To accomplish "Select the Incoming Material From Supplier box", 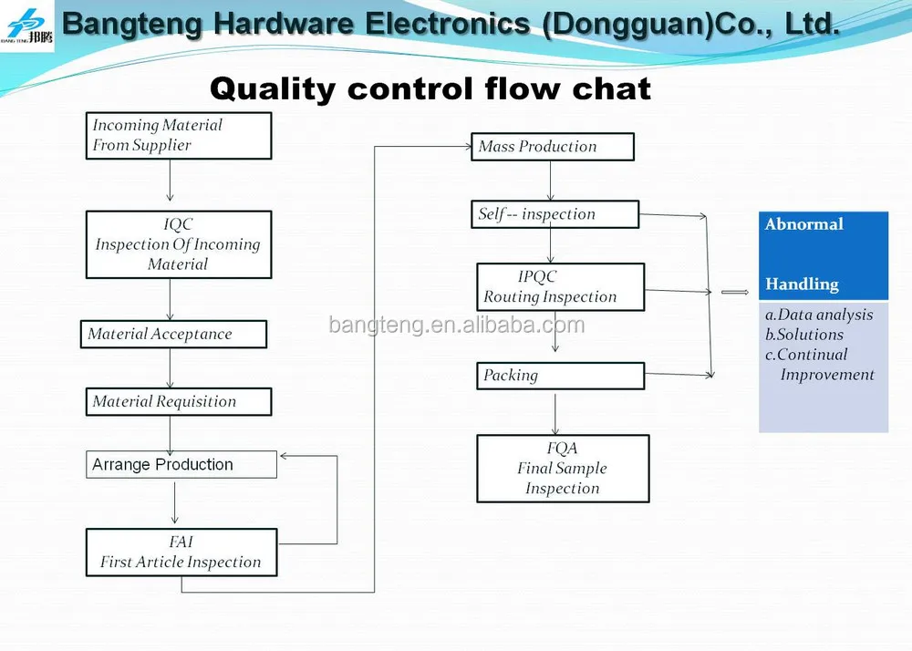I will pos(179,136).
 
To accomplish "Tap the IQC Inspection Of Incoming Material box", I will pos(179,244).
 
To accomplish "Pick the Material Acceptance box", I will pos(173,335).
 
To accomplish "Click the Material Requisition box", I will pos(179,402).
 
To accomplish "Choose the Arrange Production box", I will pos(181,465).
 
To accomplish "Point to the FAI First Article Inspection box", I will pos(181,553).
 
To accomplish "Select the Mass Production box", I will pos(552,147).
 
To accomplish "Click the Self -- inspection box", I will pos(554,215).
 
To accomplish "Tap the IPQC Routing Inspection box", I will pos(560,287).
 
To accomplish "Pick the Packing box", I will pos(560,376).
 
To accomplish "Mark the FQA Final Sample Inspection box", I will pos(563,469).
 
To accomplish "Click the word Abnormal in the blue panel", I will pos(803,224).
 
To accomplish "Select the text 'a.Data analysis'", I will pos(818,315).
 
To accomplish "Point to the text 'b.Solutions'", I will pos(803,335).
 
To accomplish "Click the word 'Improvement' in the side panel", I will pos(826,375).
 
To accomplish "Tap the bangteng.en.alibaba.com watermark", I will pos(456,325).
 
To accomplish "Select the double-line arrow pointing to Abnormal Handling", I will pos(734,293).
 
